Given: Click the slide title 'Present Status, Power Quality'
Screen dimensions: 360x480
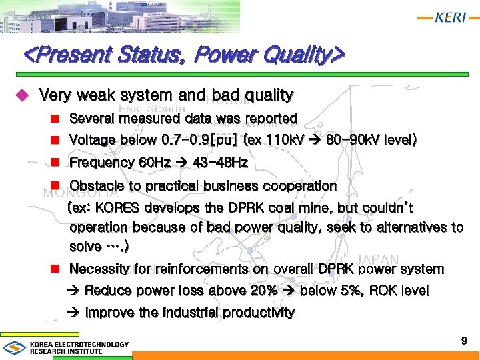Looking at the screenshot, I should pyautogui.click(x=183, y=53).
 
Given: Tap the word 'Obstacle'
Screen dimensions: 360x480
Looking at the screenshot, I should pyautogui.click(x=96, y=185).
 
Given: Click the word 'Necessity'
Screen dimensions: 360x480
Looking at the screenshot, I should pyautogui.click(x=100, y=269).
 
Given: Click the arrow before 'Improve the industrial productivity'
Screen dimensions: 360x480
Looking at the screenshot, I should pyautogui.click(x=75, y=313).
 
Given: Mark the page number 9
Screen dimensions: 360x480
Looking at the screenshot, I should pyautogui.click(x=464, y=341).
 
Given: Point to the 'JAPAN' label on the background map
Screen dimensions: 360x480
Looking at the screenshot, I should pyautogui.click(x=379, y=259).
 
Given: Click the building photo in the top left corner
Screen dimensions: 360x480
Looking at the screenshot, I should pyautogui.click(x=40, y=17).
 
